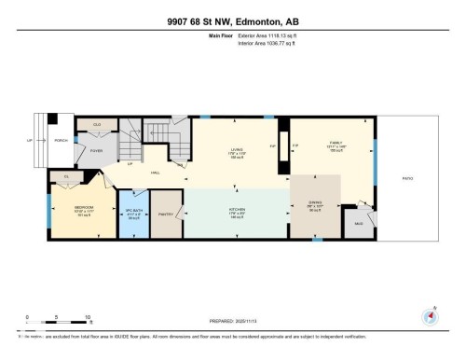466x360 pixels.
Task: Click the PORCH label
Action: (61, 142)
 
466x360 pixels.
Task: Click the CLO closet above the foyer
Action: (96, 124)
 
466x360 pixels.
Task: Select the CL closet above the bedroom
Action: (66, 176)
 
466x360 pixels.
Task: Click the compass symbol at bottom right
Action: (430, 316)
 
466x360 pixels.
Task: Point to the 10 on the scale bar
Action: (87, 317)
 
